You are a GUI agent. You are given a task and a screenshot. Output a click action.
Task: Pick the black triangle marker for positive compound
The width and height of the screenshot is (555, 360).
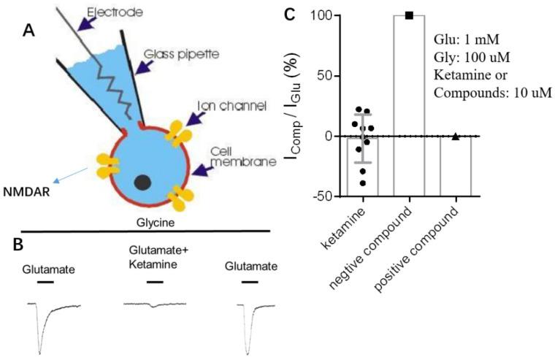pos(456,136)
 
